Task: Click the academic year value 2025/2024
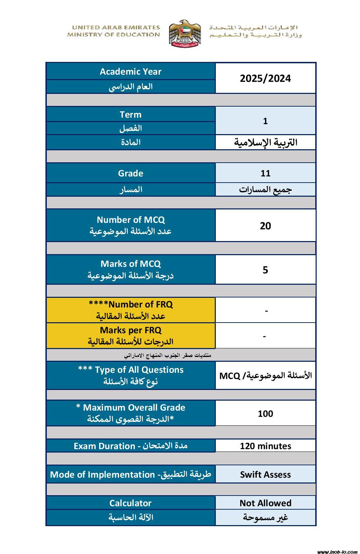click(x=265, y=78)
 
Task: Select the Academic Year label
click(x=130, y=72)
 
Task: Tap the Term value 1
click(x=265, y=121)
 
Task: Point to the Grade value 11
click(x=265, y=173)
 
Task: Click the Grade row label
click(x=130, y=173)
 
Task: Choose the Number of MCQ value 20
click(x=265, y=226)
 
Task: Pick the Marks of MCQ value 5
click(x=265, y=270)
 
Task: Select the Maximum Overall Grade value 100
click(x=265, y=413)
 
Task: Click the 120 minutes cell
click(x=265, y=446)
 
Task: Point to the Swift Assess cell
click(x=265, y=475)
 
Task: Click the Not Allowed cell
click(x=265, y=503)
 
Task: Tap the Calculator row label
click(x=130, y=503)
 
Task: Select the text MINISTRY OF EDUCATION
click(x=114, y=34)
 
